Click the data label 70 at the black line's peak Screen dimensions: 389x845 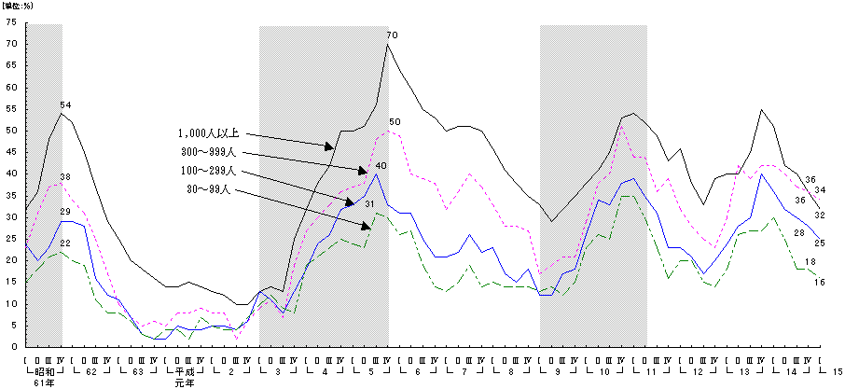click(393, 35)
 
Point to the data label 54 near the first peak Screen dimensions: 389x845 click(65, 104)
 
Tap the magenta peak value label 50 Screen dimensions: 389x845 click(395, 122)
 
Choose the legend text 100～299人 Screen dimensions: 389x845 click(211, 171)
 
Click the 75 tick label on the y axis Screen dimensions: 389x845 click(11, 20)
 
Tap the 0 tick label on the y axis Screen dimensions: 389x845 click(14, 346)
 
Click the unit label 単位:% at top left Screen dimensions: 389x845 click(21, 7)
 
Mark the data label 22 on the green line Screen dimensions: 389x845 click(65, 243)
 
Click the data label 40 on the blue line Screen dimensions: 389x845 click(381, 166)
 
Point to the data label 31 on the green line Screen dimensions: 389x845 click(370, 204)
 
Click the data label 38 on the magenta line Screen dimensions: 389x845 click(65, 176)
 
